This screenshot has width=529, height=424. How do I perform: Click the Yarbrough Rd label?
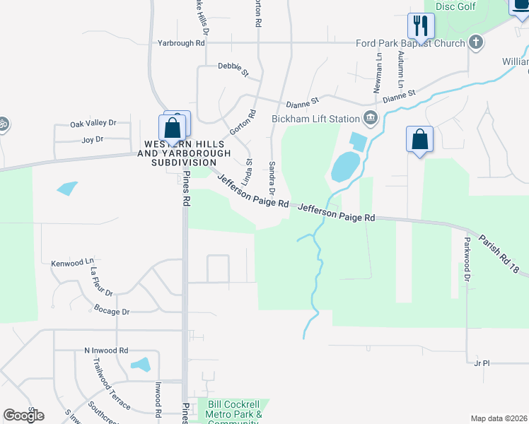tap(181, 42)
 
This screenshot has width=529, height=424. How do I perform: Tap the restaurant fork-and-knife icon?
tap(421, 26)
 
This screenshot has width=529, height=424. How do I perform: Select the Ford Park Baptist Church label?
tap(412, 43)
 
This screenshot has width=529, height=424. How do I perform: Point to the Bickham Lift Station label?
tap(315, 119)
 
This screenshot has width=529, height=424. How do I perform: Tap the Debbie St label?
tap(233, 69)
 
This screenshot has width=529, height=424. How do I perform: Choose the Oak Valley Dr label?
tap(93, 124)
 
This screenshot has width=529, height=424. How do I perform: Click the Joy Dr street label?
tap(93, 140)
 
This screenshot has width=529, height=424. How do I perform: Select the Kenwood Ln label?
tap(73, 262)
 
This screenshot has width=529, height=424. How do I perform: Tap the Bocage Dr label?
tap(112, 311)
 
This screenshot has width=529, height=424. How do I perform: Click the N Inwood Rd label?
tap(106, 350)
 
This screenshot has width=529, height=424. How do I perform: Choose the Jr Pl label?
tap(482, 363)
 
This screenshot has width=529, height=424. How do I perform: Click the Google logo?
tap(23, 415)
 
